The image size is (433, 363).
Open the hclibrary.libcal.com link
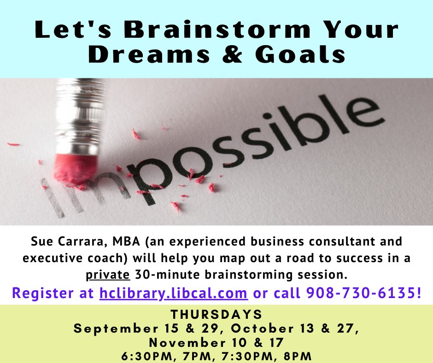point(174,293)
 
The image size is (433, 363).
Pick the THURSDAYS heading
point(216,315)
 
